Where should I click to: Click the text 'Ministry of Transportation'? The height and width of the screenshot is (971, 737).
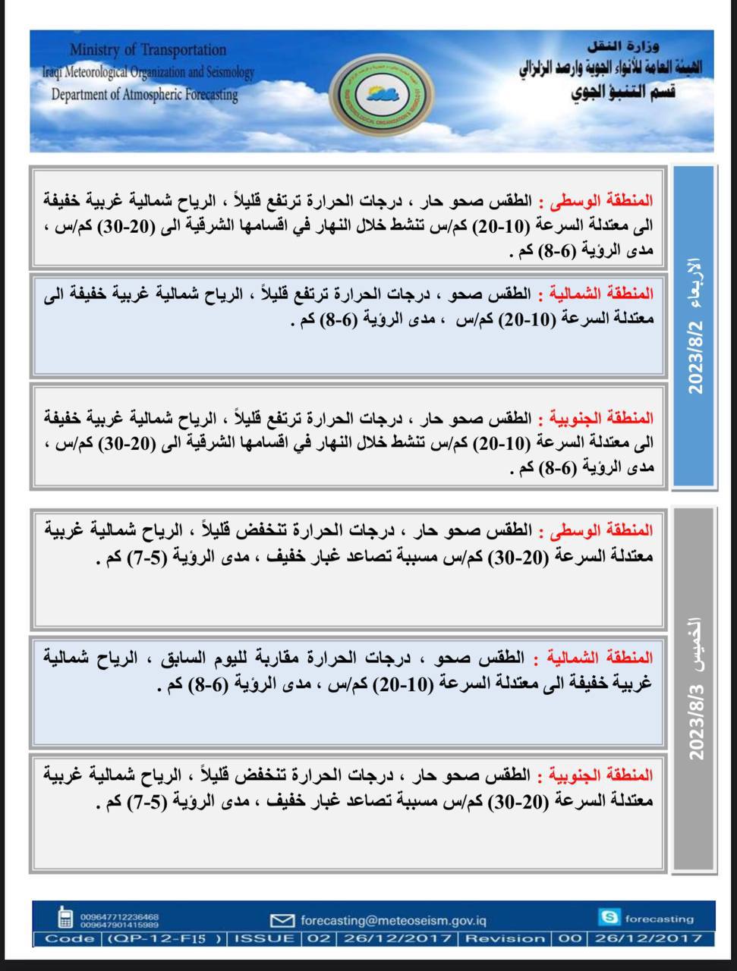coord(148,50)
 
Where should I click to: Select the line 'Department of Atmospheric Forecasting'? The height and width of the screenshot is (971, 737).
coord(144,95)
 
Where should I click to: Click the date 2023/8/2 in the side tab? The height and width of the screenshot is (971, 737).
coord(694,357)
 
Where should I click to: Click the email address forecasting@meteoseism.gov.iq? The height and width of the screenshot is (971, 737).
coord(393,920)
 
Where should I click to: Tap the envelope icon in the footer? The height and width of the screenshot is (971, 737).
coord(282,920)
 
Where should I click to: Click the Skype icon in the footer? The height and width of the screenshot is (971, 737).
coord(609,918)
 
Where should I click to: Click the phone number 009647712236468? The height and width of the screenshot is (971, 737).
coord(119,916)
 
